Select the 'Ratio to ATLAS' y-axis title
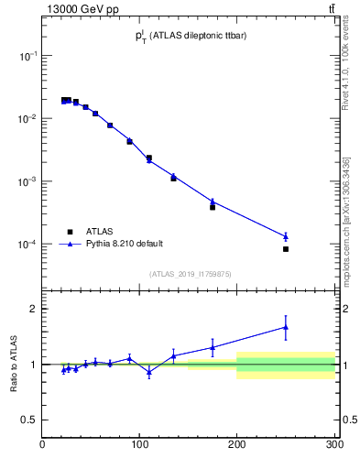pos(15,364)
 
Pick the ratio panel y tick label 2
pos(32,309)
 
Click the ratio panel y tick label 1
pos(32,365)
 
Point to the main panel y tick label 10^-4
pos(27,245)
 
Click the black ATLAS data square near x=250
pos(286,249)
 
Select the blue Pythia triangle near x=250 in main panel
pos(286,236)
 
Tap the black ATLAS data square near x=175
pos(213,207)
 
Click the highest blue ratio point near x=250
pos(286,327)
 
